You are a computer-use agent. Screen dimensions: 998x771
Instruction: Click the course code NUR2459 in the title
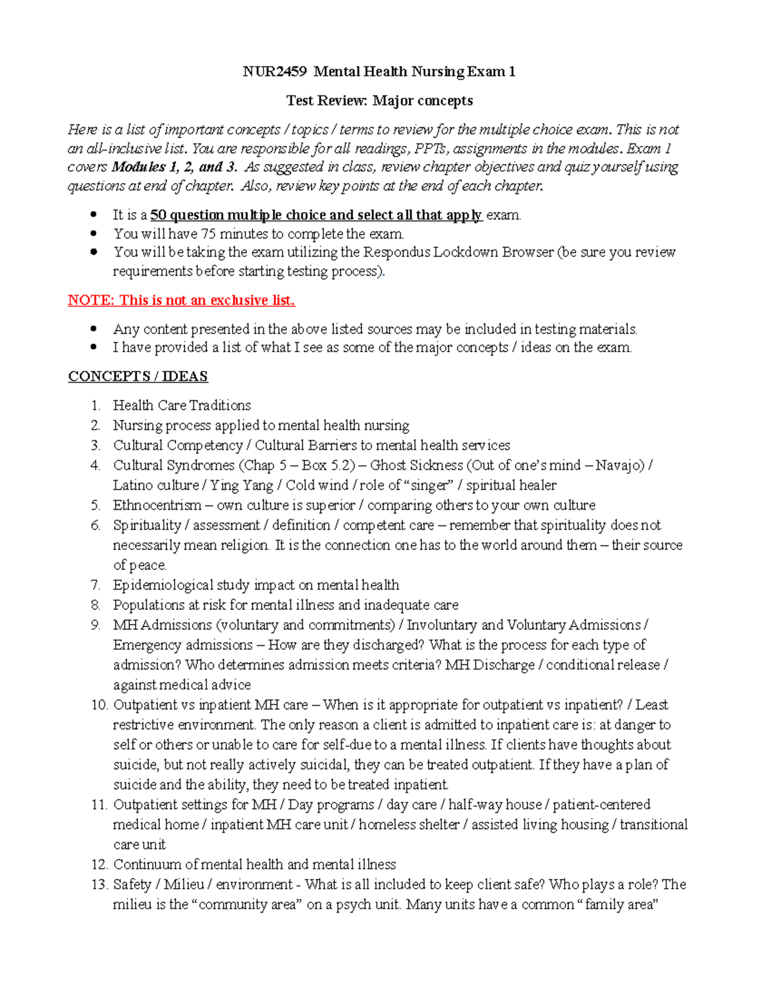click(x=274, y=71)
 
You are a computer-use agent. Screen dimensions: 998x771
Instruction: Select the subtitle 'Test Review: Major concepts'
click(x=379, y=100)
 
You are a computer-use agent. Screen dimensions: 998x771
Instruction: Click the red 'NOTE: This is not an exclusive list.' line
click(x=181, y=300)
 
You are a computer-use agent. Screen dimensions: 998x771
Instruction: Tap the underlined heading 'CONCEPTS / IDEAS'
click(x=138, y=376)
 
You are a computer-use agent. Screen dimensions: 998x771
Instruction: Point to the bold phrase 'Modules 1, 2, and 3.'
click(x=175, y=167)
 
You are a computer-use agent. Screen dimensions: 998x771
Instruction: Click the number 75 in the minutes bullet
click(x=208, y=234)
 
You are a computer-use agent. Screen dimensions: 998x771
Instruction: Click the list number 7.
click(x=95, y=585)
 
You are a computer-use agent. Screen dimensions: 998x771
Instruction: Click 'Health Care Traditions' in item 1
click(x=182, y=405)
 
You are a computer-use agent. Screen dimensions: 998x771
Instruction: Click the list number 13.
click(x=98, y=884)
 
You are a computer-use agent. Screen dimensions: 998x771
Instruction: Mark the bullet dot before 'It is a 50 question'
click(x=94, y=215)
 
